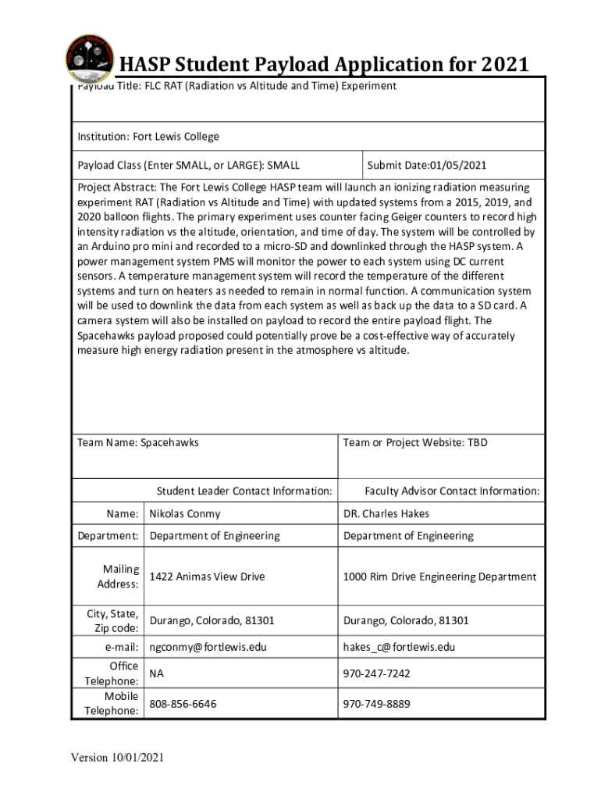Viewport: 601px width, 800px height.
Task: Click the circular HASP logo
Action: (89, 58)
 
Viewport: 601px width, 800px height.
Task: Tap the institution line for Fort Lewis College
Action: (148, 137)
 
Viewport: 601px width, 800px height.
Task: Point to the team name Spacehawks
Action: (138, 442)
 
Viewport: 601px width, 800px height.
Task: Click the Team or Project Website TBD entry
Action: (415, 442)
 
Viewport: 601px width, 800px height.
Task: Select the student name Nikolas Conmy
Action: (185, 513)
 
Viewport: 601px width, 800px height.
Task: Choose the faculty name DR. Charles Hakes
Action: (386, 513)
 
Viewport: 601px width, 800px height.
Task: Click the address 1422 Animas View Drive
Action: (207, 577)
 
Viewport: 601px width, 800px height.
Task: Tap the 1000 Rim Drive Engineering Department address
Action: (439, 577)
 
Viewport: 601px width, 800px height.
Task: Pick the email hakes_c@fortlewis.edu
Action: (399, 647)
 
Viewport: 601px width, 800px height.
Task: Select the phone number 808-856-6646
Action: (183, 704)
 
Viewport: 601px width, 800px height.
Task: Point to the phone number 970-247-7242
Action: (376, 673)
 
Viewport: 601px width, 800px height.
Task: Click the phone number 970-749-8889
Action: (376, 704)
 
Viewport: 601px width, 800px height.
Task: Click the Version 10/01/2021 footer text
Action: (118, 757)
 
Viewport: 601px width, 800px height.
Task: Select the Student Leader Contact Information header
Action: (244, 491)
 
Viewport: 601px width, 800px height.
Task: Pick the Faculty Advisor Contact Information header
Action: (452, 491)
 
